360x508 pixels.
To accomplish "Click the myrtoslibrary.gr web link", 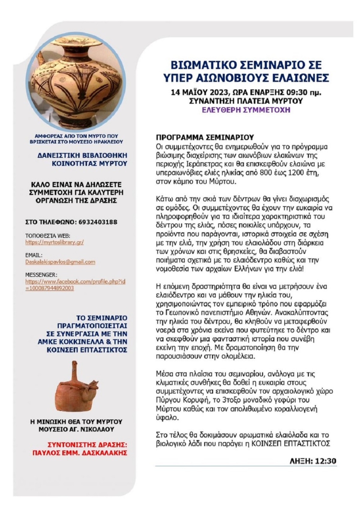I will pos(54,242).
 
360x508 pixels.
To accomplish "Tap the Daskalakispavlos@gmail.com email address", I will pos(60,262).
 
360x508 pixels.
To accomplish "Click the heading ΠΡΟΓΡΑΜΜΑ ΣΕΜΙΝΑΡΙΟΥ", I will pos(205,138).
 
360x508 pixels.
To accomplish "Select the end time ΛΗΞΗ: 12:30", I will pos(313,461).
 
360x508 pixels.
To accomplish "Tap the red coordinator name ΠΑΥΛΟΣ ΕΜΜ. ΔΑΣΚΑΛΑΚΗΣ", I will pos(79,453).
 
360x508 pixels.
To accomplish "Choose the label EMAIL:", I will pos(34,255).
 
